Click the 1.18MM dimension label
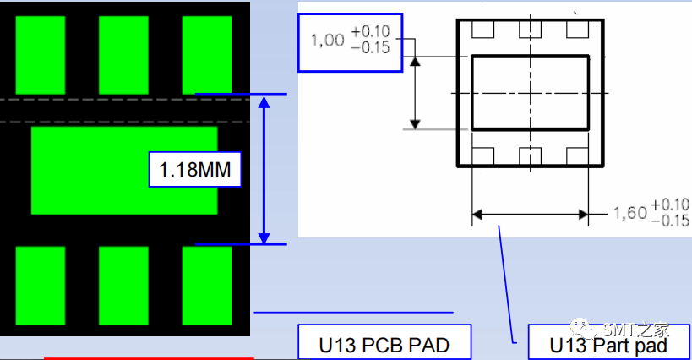coord(194,169)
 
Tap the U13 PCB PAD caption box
coord(384,343)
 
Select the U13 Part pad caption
coord(608,343)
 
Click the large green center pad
coord(124,171)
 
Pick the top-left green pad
coord(41,55)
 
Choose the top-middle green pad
coord(123,55)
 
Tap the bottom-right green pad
coord(207,286)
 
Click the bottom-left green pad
coord(41,286)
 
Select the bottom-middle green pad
coord(123,286)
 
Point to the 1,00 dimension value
coord(328,41)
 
